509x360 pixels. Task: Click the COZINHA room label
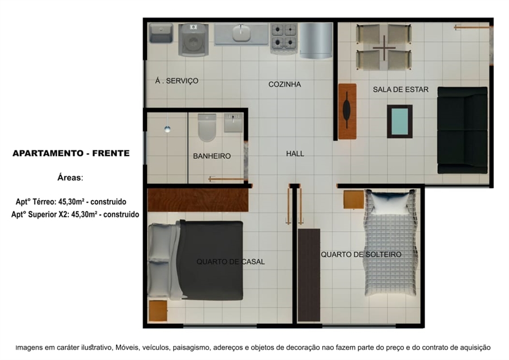tap(284, 84)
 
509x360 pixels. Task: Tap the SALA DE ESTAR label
tap(400, 89)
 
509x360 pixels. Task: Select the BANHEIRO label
tap(212, 156)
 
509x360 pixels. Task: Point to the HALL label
tap(295, 153)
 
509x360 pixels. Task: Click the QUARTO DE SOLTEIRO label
tap(361, 254)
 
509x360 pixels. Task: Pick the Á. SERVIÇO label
tap(176, 81)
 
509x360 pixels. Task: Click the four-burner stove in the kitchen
tap(284, 38)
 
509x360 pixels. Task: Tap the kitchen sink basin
tap(241, 34)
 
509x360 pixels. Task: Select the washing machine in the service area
tap(193, 40)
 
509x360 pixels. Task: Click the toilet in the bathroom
tap(207, 127)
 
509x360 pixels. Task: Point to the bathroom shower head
tap(167, 129)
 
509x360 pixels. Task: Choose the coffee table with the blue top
tap(400, 122)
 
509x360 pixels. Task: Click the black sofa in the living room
tap(462, 130)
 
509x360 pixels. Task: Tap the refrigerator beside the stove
tap(316, 40)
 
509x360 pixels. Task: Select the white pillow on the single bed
tap(390, 203)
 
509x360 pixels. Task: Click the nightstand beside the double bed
tap(158, 311)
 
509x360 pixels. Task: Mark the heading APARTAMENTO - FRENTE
tap(71, 153)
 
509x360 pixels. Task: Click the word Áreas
tap(70, 177)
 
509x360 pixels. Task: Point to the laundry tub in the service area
tap(161, 33)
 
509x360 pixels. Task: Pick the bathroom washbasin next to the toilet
tap(233, 122)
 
